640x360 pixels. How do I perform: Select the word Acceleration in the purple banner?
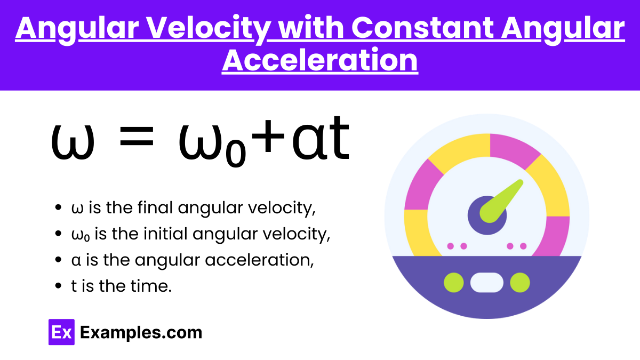tap(320, 60)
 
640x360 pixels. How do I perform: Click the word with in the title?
tap(311, 28)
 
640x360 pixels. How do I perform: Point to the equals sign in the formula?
tap(137, 137)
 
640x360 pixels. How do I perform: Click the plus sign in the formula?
tap(268, 137)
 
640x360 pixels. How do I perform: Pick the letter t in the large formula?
tap(338, 138)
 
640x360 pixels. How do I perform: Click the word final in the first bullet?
tap(155, 207)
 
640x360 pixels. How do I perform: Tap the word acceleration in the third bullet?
tap(259, 260)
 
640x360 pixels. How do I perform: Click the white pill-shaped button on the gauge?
tap(487, 283)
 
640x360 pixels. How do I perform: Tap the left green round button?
tap(454, 283)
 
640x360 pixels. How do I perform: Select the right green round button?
tap(520, 283)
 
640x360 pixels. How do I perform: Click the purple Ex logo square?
tap(61, 332)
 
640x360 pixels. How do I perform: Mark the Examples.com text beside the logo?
tap(141, 333)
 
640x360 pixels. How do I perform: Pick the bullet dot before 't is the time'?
tap(58, 286)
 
